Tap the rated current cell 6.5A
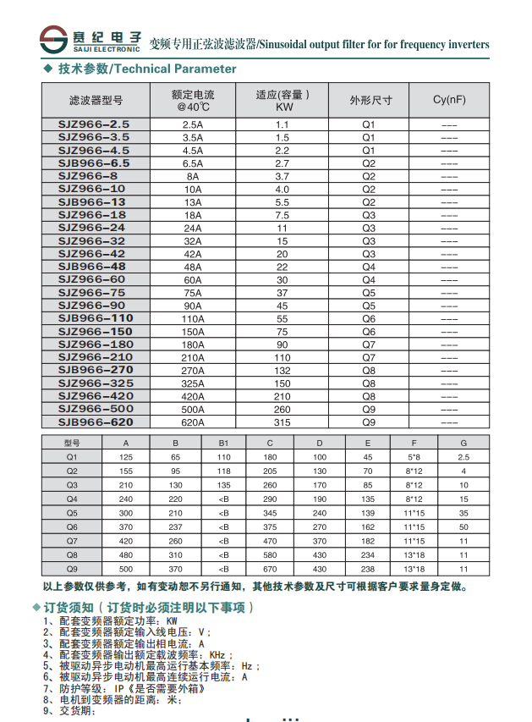[x=193, y=163]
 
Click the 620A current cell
[x=193, y=422]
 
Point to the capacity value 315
[x=282, y=422]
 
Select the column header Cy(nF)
[x=449, y=100]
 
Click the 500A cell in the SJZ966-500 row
[x=193, y=409]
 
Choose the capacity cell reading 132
[x=282, y=370]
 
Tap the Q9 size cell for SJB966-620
[x=369, y=422]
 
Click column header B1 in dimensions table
[x=223, y=443]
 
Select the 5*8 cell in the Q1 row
[x=414, y=456]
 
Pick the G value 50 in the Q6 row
[x=463, y=526]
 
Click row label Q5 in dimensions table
[x=72, y=512]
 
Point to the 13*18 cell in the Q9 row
[x=414, y=569]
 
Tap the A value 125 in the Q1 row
[x=127, y=456]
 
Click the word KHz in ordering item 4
[x=219, y=654]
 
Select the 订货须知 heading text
[x=68, y=608]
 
